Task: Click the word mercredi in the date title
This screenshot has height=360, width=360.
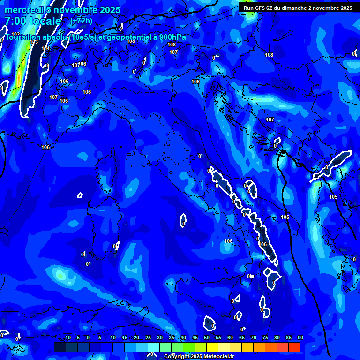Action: point(22,10)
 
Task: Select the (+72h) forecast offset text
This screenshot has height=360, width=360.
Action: point(81,21)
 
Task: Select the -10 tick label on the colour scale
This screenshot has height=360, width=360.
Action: point(67,338)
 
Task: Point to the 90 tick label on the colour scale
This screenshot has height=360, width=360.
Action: point(300,338)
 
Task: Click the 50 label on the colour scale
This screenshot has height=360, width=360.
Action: point(207,338)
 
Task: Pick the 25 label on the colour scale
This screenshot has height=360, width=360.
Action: point(148,338)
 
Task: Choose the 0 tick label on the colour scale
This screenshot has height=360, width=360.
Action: point(88,338)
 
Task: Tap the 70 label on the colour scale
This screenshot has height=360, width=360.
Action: point(253,338)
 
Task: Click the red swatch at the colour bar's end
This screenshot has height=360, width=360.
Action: point(294,347)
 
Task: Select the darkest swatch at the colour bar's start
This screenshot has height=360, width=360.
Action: point(60,347)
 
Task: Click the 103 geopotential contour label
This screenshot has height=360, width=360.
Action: point(34,42)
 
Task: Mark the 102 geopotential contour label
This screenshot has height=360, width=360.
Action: point(16,34)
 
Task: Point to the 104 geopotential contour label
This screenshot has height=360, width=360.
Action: point(45,48)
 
